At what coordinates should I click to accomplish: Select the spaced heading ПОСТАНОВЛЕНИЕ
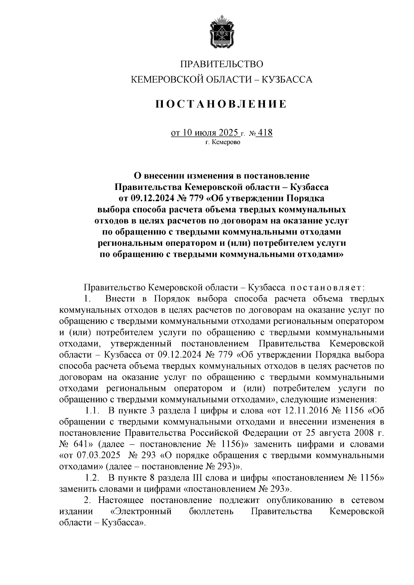pos(221,104)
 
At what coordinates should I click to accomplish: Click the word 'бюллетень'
pos(211,511)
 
